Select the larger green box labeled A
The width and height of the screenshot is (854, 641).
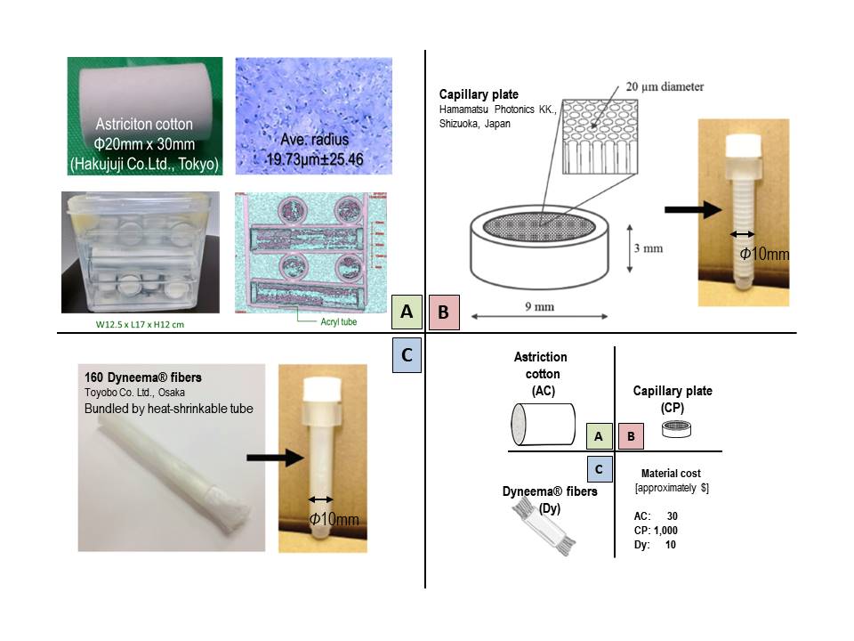click(x=407, y=312)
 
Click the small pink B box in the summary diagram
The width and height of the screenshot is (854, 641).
click(x=630, y=436)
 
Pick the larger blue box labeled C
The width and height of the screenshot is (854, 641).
click(x=407, y=353)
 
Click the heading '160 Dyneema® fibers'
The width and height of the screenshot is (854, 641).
click(x=133, y=377)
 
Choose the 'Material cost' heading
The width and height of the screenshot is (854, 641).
click(x=673, y=475)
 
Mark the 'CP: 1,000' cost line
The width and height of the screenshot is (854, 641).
click(x=652, y=530)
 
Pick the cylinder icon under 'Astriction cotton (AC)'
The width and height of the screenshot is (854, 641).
click(x=542, y=426)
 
